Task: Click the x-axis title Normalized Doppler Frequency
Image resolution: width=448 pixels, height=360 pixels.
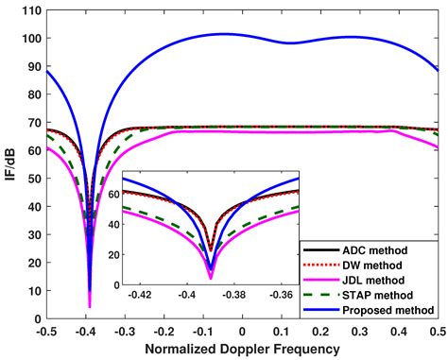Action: pyautogui.click(x=242, y=350)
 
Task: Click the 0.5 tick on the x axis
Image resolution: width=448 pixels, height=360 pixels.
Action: pyautogui.click(x=438, y=332)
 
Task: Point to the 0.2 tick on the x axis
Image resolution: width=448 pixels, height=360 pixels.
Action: pyautogui.click(x=320, y=332)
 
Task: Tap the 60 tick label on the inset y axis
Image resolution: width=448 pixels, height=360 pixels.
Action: pyautogui.click(x=113, y=193)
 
